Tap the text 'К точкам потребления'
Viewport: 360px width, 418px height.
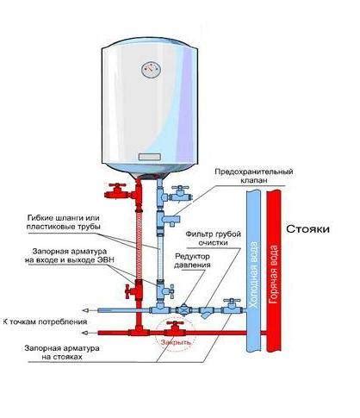[44, 321]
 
